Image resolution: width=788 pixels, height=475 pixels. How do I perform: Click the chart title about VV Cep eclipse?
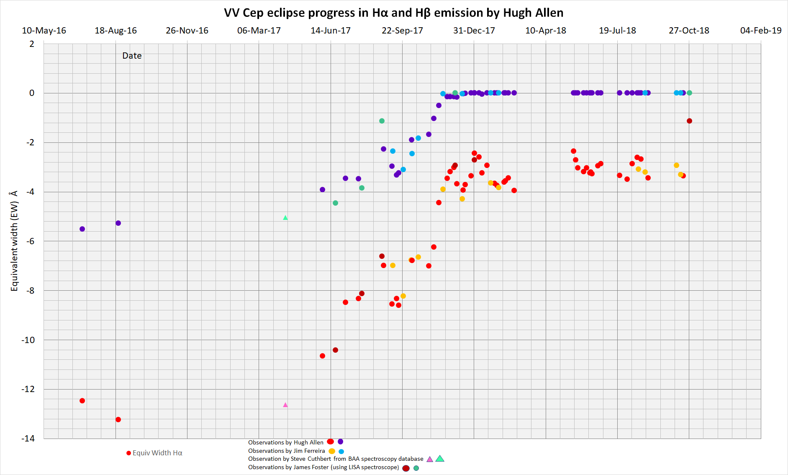(x=393, y=13)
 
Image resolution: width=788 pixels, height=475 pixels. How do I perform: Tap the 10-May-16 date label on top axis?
(x=44, y=31)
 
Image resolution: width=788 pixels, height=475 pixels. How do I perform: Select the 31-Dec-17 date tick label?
(x=474, y=31)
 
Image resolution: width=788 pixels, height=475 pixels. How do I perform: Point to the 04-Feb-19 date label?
(x=760, y=31)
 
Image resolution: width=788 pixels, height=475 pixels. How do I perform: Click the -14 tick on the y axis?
(x=28, y=439)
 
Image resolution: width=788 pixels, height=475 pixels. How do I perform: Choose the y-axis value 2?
(x=32, y=44)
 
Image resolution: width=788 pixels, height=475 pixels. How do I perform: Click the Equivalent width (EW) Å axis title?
(x=14, y=241)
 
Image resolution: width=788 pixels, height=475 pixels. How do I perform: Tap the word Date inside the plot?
(x=132, y=56)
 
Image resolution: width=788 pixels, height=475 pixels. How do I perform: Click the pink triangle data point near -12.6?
(x=285, y=405)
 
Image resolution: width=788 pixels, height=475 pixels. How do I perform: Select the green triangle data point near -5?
(x=285, y=218)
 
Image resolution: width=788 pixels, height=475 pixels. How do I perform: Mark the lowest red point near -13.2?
(x=118, y=419)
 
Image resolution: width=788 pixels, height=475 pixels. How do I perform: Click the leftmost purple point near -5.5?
(x=82, y=229)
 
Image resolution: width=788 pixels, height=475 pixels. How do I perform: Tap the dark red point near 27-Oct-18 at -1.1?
(x=689, y=121)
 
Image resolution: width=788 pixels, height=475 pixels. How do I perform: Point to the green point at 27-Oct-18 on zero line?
(x=689, y=93)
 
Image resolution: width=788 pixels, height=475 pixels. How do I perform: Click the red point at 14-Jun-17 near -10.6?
(x=322, y=356)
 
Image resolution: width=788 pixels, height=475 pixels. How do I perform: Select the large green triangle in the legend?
(x=440, y=459)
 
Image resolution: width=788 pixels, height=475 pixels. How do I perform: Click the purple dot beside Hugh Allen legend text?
(x=340, y=441)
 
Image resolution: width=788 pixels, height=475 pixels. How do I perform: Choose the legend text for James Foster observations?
(x=323, y=467)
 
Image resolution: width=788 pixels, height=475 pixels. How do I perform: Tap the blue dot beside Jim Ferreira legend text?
(x=341, y=452)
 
